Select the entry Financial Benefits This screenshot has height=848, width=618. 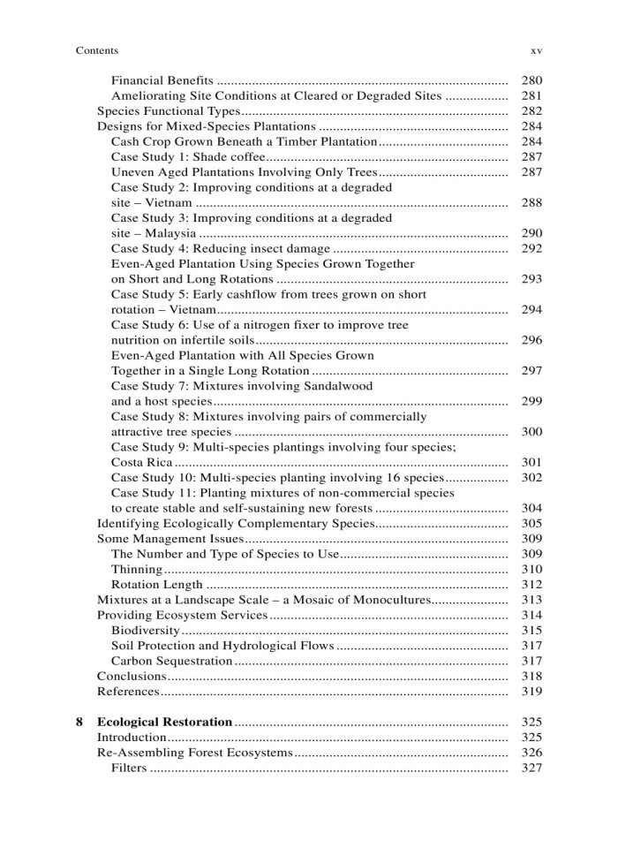[163, 81]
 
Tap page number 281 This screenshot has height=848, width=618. [531, 96]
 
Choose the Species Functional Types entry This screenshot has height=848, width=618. [168, 111]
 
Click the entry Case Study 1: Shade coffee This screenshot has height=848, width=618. [183, 157]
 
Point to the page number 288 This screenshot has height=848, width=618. [531, 203]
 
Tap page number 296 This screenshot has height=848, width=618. [531, 341]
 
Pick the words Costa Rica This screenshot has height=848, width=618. [142, 463]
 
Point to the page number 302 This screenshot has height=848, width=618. [531, 478]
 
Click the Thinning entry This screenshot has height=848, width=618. [137, 570]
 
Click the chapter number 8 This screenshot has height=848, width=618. [79, 722]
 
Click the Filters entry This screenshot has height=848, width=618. [129, 768]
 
